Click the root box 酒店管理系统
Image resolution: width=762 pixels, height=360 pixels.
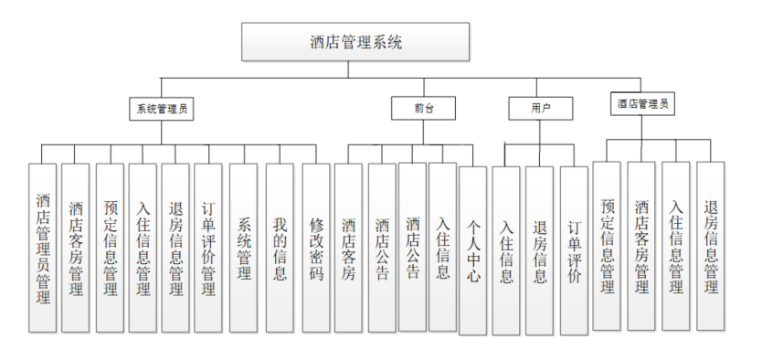point(355,41)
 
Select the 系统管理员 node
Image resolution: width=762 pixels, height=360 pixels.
point(163,108)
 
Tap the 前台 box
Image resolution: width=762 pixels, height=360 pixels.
point(423,108)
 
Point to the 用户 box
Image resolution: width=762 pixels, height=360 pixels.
point(540,108)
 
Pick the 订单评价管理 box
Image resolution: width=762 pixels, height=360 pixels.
point(207,248)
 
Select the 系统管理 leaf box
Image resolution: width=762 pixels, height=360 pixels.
point(243,248)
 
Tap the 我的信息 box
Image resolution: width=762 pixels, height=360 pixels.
point(280,248)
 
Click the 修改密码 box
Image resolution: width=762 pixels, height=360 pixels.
point(316,248)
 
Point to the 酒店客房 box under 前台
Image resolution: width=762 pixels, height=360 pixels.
point(348,248)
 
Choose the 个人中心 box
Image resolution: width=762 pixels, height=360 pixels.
point(473,251)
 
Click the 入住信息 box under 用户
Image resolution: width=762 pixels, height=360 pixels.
point(505,251)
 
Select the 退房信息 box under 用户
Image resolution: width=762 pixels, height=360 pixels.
point(539,251)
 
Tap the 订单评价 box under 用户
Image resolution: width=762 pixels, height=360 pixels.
point(574,251)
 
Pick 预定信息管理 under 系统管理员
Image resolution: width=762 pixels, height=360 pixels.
point(110,248)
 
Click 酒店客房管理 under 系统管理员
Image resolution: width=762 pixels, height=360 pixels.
point(76,248)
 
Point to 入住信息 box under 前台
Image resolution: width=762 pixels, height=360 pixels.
point(442,247)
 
